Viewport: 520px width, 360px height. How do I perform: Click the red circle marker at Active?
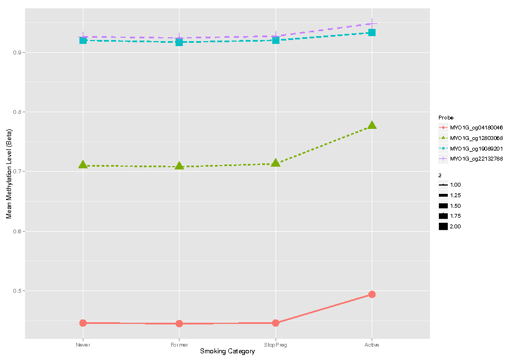click(372, 294)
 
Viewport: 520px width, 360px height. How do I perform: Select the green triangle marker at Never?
click(83, 165)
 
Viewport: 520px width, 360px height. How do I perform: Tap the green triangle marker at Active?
click(372, 126)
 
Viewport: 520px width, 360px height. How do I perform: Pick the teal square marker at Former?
click(179, 42)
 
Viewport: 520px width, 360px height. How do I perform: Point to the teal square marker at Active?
click(372, 33)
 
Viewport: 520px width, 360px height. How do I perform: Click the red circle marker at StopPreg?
click(276, 323)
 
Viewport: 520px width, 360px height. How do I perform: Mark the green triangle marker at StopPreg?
click(276, 163)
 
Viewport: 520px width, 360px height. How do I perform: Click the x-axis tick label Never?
click(83, 345)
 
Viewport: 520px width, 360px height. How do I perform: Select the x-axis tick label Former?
click(179, 345)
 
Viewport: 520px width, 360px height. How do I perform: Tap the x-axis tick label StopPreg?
click(276, 345)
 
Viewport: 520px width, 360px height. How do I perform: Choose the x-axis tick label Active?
click(372, 345)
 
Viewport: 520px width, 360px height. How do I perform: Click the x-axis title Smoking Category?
click(227, 352)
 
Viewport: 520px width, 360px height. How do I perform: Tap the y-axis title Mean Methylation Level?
click(9, 173)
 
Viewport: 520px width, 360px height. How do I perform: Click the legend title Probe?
click(446, 118)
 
